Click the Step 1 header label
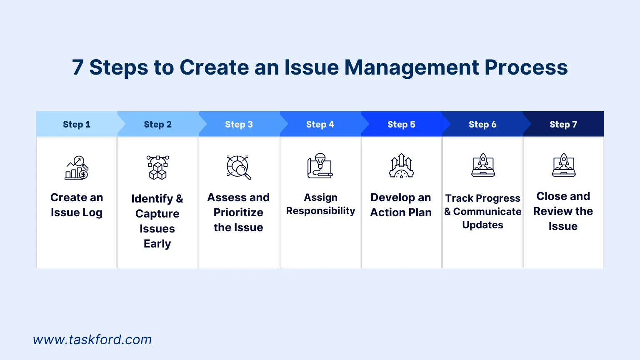point(76,125)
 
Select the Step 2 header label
point(157,125)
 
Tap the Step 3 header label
point(239,125)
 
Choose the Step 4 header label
point(320,125)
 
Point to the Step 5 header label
point(401,125)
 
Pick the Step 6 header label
point(482,125)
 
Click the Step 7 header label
point(563,125)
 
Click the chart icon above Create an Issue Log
point(77,167)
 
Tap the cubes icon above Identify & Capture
point(157,167)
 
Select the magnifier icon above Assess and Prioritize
point(239,167)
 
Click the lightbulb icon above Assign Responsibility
point(320,166)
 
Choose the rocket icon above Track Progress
point(483,165)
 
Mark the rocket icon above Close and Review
point(564,165)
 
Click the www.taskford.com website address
point(92,340)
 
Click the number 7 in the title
point(78,67)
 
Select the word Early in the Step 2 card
point(157,244)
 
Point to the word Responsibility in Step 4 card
point(320,211)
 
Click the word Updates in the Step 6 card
point(482,225)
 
